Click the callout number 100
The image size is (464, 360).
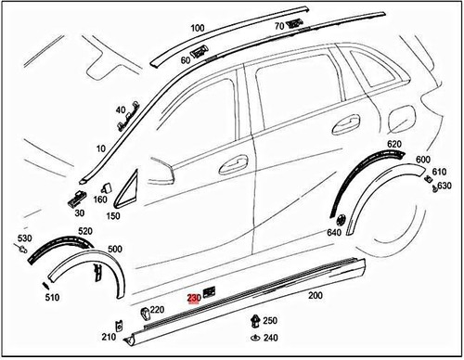pyautogui.click(x=197, y=29)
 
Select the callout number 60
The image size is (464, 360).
pyautogui.click(x=186, y=60)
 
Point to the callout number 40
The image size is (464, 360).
pyautogui.click(x=121, y=109)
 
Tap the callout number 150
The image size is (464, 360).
pyautogui.click(x=114, y=216)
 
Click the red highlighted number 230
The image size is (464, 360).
pyautogui.click(x=194, y=298)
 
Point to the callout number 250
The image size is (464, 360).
pyautogui.click(x=270, y=320)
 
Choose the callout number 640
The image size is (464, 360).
pyautogui.click(x=334, y=232)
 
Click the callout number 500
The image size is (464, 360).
pyautogui.click(x=116, y=251)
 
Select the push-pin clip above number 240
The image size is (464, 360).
pyautogui.click(x=253, y=321)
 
